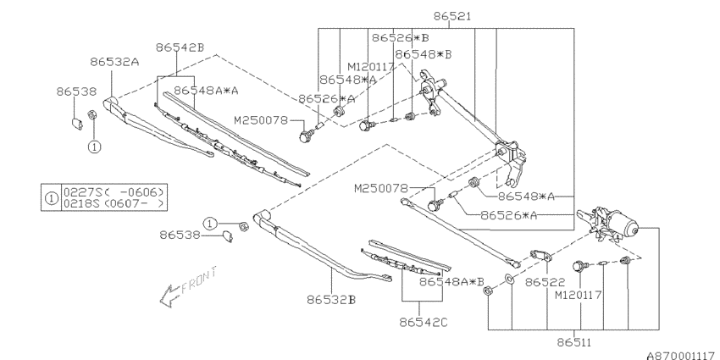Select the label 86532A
(115, 61)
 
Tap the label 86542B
(180, 47)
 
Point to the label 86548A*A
(206, 89)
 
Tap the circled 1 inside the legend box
(51, 198)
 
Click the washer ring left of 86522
(508, 279)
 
